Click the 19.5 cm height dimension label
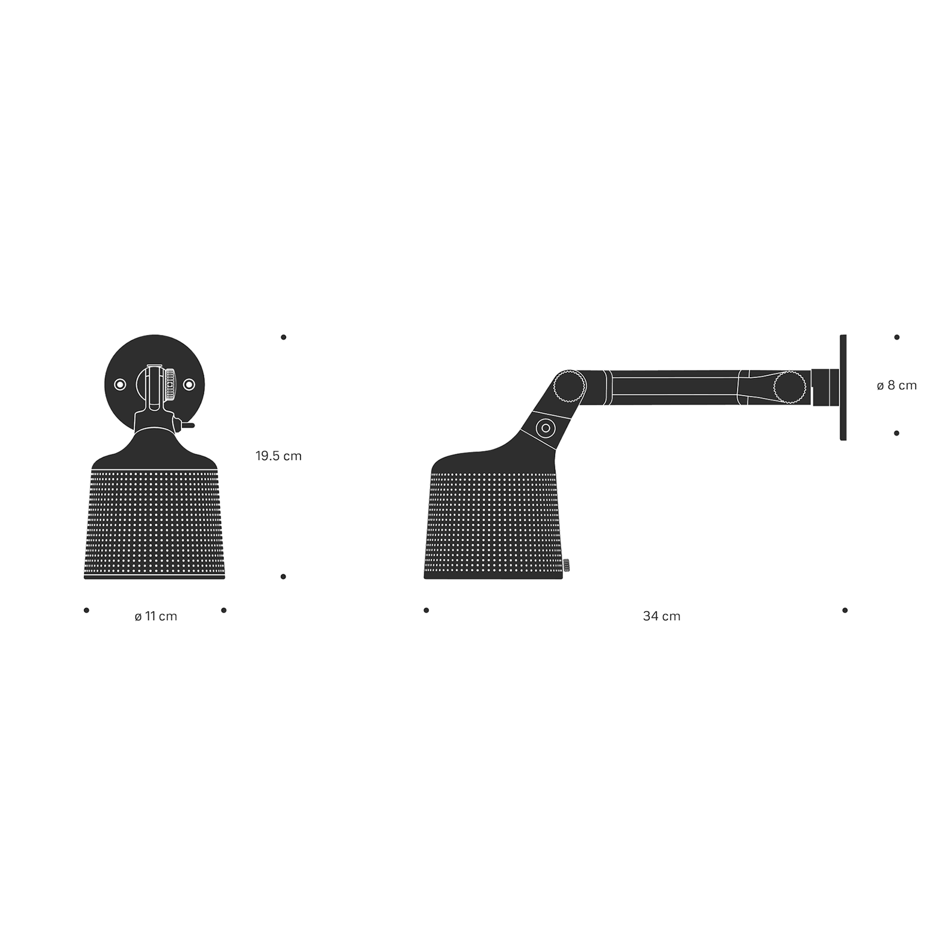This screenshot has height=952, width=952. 278,456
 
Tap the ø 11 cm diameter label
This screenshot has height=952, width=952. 156,616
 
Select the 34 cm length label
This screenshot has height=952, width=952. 661,616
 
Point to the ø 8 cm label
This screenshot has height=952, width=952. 896,386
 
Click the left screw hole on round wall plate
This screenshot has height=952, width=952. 120,385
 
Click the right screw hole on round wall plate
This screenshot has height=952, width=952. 189,385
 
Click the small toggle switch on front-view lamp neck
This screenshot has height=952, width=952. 187,425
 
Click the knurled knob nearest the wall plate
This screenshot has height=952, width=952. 789,387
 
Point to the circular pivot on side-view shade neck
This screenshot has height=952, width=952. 545,427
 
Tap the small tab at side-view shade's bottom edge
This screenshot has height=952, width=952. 566,564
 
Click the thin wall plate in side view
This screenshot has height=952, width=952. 843,387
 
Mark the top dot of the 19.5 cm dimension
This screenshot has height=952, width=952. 283,337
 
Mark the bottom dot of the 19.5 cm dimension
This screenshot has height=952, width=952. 283,577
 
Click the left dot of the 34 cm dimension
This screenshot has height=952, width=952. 426,610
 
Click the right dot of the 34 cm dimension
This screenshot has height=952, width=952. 845,610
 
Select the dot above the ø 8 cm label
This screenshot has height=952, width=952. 897,337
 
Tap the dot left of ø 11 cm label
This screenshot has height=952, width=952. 86,610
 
